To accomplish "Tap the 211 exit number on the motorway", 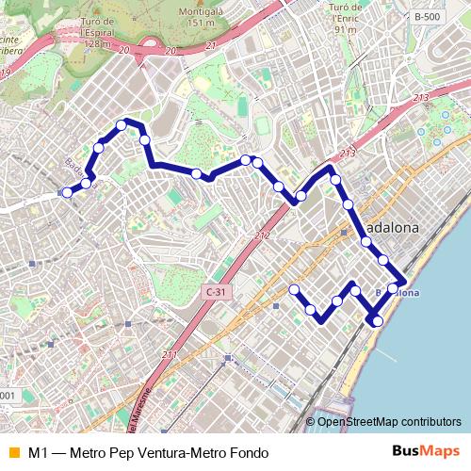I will click(170, 355).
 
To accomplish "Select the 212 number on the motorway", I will click(262, 235).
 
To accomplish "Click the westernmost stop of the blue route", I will click(67, 192).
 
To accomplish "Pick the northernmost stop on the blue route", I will click(122, 124).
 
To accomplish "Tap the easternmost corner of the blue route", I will click(404, 281).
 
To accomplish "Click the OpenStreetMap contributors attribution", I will click(389, 421).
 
